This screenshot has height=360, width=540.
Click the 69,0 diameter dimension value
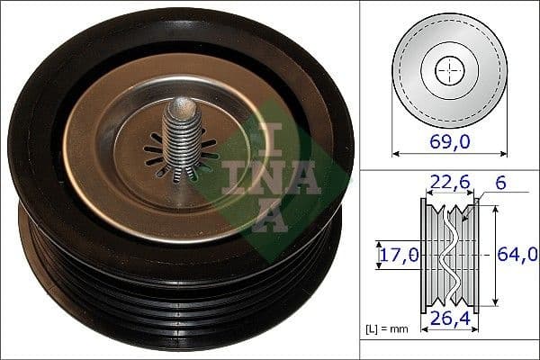pyautogui.click(x=448, y=141)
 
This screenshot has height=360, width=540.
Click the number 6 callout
pyautogui.click(x=499, y=184)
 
